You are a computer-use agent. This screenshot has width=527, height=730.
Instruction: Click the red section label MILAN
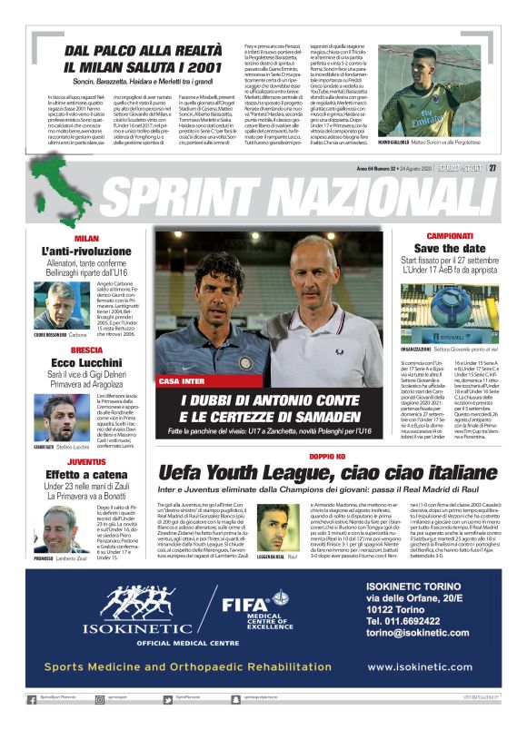86,238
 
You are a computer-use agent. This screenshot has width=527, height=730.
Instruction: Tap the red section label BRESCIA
86,350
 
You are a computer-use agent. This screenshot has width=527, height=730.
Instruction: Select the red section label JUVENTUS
87,461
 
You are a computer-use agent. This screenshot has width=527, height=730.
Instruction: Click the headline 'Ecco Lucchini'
87,363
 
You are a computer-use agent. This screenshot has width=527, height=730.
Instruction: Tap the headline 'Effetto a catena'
87,474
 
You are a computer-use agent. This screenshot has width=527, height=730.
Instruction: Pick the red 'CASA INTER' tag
181,381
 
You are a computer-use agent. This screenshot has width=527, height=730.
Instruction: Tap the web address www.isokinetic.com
420,666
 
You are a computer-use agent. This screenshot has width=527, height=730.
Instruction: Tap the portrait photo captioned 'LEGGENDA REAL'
275,526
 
